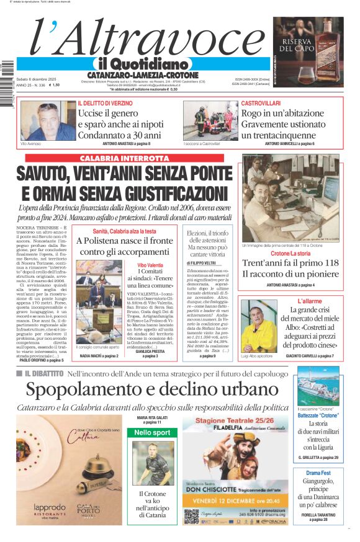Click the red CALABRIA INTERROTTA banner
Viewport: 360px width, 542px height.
(x=124, y=159)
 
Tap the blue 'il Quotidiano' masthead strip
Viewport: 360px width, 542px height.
(x=143, y=64)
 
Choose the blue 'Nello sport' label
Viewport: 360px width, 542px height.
(x=152, y=432)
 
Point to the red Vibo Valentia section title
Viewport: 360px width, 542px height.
(x=150, y=265)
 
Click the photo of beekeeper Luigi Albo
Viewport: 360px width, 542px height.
(x=259, y=326)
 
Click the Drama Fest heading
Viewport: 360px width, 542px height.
(x=317, y=473)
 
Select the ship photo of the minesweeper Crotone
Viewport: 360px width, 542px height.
(x=318, y=386)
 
